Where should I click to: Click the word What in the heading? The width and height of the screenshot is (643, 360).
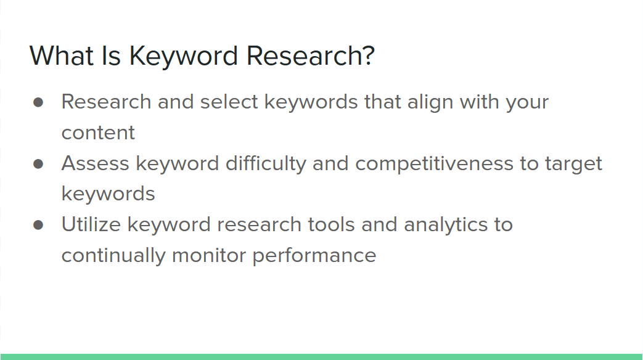click(x=62, y=55)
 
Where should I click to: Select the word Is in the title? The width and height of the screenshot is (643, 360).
click(x=111, y=55)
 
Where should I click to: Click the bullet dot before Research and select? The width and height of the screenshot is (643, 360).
click(x=38, y=102)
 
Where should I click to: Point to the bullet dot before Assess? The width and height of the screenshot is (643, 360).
click(x=38, y=164)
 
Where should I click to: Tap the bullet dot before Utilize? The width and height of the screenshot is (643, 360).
click(x=38, y=225)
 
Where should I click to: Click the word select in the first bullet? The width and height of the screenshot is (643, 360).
click(x=229, y=101)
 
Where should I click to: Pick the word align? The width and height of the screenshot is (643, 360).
click(x=430, y=102)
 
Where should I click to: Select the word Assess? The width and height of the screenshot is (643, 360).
click(x=96, y=163)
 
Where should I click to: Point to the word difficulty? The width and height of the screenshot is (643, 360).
click(x=266, y=164)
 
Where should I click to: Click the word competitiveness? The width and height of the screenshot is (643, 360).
click(x=434, y=164)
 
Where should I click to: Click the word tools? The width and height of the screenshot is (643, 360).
click(x=331, y=224)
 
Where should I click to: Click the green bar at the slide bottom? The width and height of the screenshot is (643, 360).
click(x=322, y=357)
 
